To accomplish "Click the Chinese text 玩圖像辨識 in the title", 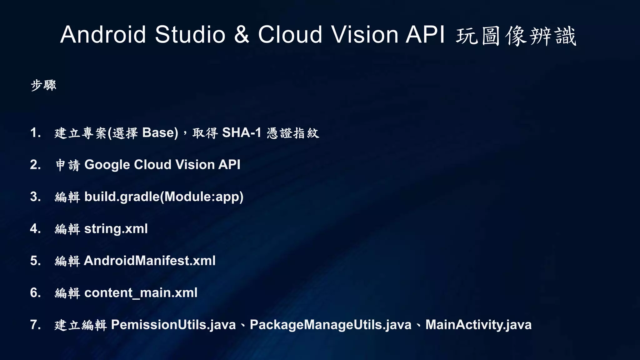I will [x=516, y=36].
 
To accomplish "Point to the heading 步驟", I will [x=43, y=85].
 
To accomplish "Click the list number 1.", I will [x=35, y=133].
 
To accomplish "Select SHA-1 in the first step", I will [x=242, y=133].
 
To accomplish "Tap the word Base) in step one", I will [x=160, y=133].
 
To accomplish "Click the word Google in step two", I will [x=107, y=165].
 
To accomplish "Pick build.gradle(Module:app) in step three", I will [x=164, y=197].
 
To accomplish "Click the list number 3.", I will [x=35, y=197].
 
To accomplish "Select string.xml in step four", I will [x=116, y=229].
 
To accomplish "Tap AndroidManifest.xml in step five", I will [x=150, y=261].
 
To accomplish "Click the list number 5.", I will [x=35, y=261].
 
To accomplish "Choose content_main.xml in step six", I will [x=141, y=293].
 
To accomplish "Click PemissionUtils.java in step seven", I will [x=173, y=325].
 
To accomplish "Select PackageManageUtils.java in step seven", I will [x=331, y=325].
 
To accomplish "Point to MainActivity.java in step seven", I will [x=478, y=325].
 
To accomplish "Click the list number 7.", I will [x=35, y=325].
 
